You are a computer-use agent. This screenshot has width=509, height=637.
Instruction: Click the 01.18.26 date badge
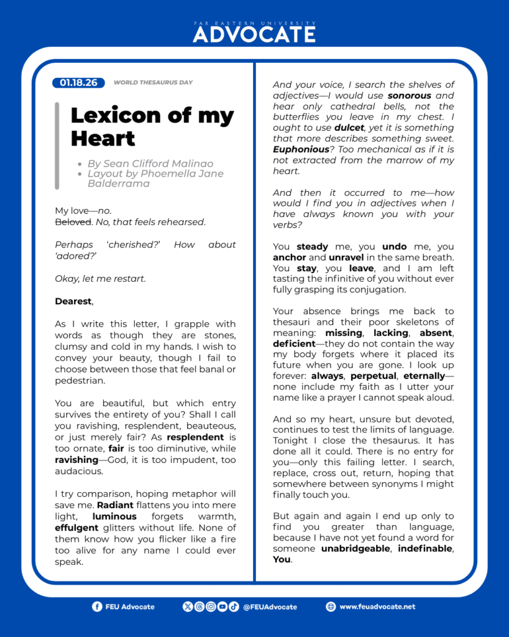point(79,82)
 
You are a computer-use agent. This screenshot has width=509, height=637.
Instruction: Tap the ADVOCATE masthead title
point(254,35)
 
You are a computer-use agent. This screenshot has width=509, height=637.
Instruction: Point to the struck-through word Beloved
point(73,221)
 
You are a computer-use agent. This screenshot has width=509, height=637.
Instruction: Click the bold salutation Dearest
point(73,301)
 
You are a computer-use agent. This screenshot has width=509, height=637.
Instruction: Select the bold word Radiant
point(114,505)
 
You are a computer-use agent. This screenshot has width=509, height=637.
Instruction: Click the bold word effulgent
point(76,528)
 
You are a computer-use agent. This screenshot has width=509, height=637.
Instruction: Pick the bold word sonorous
point(410,96)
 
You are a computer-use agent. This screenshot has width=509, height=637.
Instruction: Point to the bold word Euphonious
point(301,149)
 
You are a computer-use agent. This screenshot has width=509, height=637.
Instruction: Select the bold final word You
point(282,559)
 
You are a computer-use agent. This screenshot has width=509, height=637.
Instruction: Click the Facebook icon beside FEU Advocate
point(97,607)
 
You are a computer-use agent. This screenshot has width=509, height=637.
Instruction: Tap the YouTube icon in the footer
point(222,607)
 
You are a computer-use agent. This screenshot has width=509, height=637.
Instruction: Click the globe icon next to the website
point(331,607)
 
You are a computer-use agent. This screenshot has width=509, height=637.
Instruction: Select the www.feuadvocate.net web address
point(377,607)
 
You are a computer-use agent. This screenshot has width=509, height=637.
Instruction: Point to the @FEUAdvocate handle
point(270,607)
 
